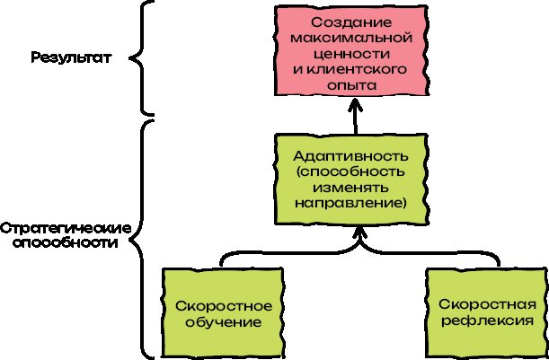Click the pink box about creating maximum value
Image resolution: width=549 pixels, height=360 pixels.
pyautogui.click(x=347, y=52)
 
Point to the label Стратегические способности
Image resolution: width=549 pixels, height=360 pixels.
pyautogui.click(x=66, y=235)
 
